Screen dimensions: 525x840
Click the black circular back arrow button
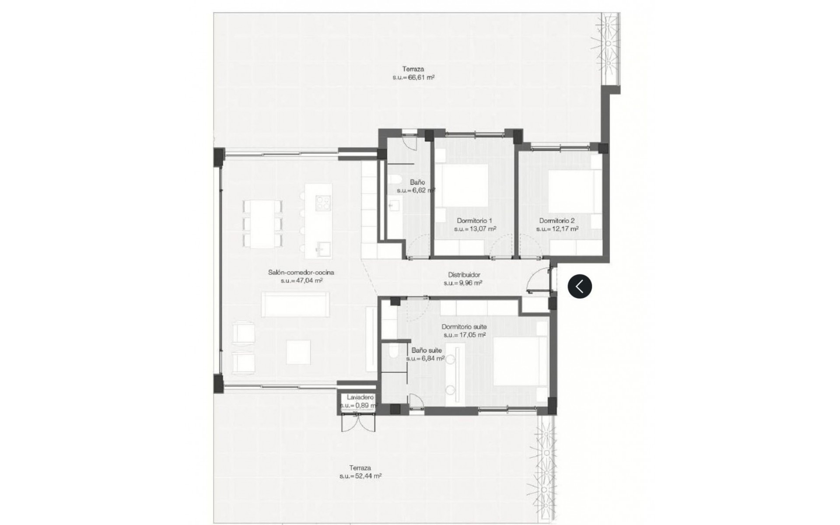click(580, 287)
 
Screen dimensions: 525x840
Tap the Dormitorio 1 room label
click(474, 220)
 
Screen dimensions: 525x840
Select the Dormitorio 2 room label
click(556, 220)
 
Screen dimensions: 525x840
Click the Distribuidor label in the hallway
click(464, 275)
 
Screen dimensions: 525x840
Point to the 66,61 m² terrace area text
click(413, 77)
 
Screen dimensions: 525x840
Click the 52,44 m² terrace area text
click(360, 476)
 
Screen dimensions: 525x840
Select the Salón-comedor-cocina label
click(301, 272)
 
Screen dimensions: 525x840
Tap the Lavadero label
click(360, 397)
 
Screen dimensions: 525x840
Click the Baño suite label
click(427, 350)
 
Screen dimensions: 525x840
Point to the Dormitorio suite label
click(464, 327)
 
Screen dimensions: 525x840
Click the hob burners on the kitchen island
click(323, 203)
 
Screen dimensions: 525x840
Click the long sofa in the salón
click(295, 304)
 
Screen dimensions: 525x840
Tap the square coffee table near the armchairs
click(298, 352)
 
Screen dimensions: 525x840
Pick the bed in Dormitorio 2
click(571, 191)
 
